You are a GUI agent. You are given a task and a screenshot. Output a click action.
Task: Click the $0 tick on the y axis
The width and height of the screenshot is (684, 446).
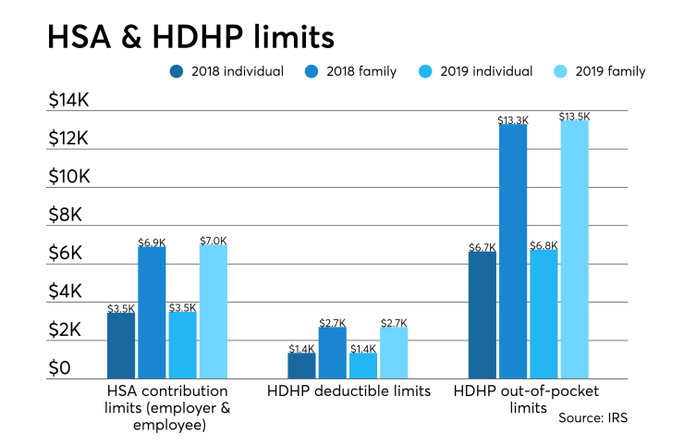(x=60, y=369)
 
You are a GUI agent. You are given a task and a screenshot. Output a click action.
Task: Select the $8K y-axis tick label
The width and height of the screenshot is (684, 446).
(x=66, y=216)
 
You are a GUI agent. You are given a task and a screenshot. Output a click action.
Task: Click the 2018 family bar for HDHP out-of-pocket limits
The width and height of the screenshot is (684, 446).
(x=512, y=251)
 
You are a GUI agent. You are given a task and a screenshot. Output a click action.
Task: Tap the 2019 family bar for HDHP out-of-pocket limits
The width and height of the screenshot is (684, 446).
(x=573, y=249)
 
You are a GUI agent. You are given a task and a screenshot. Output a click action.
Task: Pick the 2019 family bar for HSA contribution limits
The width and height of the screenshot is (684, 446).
(x=213, y=311)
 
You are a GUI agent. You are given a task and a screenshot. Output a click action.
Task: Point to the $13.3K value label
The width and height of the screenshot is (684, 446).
(x=512, y=119)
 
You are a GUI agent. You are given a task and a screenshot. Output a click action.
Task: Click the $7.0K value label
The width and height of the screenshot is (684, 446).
(x=213, y=240)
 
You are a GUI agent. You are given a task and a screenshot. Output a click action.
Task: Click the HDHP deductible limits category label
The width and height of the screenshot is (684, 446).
(x=348, y=391)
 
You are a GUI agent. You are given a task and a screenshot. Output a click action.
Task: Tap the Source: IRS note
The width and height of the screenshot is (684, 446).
(x=593, y=418)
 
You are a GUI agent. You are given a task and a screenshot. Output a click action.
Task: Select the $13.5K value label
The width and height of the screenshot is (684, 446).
(x=573, y=116)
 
